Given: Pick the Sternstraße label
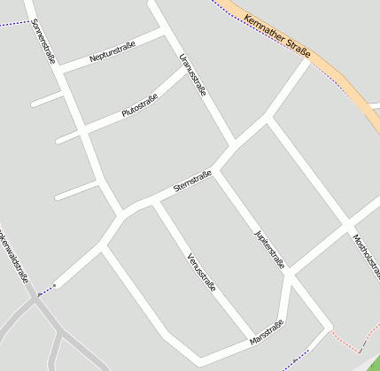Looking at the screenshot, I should [x=192, y=181].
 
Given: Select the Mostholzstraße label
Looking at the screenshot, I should [x=366, y=256].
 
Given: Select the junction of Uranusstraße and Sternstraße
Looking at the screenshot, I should [x=235, y=144].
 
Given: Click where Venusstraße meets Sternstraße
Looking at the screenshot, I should [x=155, y=202].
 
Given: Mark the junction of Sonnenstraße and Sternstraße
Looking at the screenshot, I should [x=121, y=215].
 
